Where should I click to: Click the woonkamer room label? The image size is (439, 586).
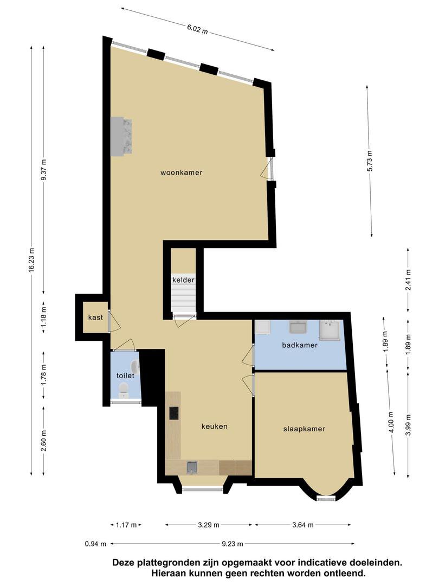coord(182,173)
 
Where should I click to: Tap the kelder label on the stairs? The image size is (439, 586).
coord(183,280)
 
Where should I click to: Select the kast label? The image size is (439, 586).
coord(95,317)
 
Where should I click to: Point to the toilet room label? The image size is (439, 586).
coord(125,375)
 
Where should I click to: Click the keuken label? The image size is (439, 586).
coord(215,426)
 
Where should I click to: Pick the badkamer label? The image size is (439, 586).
coord(300,345)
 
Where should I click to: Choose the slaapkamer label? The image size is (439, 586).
coord(304,429)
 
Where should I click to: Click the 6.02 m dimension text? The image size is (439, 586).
coord(197,29)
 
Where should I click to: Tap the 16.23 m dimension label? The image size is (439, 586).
coord(31,260)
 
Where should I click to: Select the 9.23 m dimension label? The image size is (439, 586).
coord(233,544)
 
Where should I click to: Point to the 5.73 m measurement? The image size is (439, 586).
coord(370,161)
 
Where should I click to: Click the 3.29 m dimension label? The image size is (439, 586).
coord(209,525)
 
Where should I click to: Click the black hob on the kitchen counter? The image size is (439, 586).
coord(174,413)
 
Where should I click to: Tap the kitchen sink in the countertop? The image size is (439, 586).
coord(192,467)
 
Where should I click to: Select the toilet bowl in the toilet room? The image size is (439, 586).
coord(123,391)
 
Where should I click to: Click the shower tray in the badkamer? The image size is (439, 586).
coord(330,330)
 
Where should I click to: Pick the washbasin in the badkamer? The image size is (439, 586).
coord(298,327)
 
